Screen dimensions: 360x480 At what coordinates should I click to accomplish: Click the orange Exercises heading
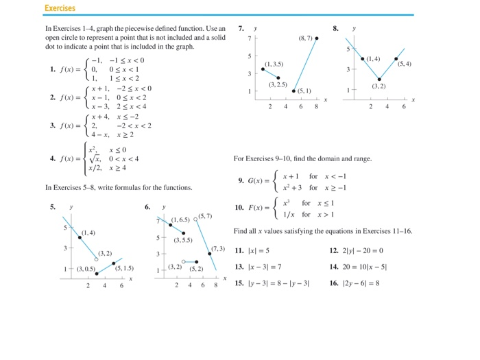(60, 8)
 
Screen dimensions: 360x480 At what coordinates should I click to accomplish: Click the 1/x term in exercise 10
(287, 214)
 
